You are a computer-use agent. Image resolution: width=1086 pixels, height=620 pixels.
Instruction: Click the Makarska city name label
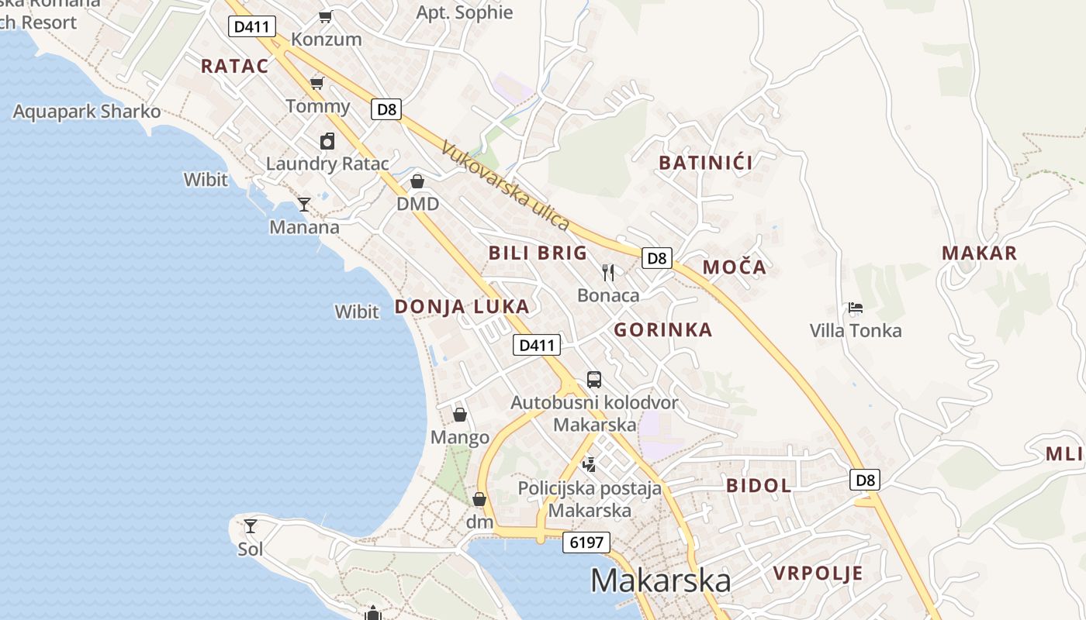(x=660, y=580)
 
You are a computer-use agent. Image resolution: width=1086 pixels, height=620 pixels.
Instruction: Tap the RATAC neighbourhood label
(x=234, y=66)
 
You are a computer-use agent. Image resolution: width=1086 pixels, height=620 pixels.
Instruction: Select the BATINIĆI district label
(x=706, y=163)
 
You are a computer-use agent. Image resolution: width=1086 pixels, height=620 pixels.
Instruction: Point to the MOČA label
(x=734, y=267)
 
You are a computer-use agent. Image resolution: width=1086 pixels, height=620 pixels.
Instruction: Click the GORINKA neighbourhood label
(x=663, y=330)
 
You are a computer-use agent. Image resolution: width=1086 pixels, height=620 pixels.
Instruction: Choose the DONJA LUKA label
(x=462, y=307)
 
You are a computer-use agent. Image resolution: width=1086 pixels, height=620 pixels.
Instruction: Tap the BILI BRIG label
(x=538, y=253)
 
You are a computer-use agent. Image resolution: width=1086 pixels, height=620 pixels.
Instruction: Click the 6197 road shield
(x=586, y=542)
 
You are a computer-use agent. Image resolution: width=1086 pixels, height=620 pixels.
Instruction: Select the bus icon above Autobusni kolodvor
(x=594, y=380)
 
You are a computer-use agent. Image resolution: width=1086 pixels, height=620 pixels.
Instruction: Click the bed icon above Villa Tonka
(x=856, y=308)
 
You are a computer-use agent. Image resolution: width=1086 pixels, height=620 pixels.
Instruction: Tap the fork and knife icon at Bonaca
(x=608, y=272)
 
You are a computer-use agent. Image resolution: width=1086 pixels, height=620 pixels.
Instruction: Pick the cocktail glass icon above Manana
(x=304, y=205)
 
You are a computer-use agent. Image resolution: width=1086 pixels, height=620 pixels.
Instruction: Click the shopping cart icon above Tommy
(x=316, y=83)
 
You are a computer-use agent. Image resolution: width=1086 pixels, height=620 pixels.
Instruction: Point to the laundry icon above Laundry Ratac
(x=327, y=141)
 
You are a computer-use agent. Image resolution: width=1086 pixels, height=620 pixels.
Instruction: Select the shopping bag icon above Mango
(x=460, y=415)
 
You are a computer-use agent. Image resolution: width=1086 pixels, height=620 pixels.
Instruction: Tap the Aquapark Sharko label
(x=87, y=112)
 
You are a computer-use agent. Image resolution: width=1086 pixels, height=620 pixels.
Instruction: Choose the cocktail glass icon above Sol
(x=250, y=526)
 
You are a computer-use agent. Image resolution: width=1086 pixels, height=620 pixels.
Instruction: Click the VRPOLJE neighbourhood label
(x=818, y=573)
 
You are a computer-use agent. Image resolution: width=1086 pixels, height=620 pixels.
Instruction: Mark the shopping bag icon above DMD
(x=417, y=181)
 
